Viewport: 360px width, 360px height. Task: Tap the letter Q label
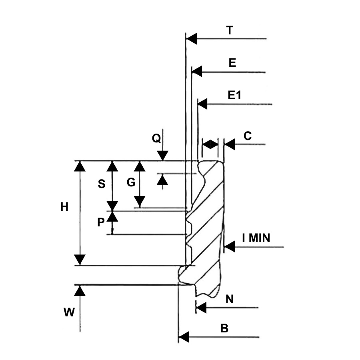(x=156, y=138)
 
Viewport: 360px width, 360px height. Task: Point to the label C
(x=248, y=136)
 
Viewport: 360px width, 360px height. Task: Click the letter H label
(x=64, y=207)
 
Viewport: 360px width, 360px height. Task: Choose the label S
(x=102, y=184)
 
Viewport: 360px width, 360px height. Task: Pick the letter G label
(x=131, y=183)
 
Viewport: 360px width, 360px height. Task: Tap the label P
(x=101, y=223)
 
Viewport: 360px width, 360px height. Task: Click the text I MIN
(x=256, y=239)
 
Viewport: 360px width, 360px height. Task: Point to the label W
(x=69, y=313)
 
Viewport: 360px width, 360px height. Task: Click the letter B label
(x=224, y=328)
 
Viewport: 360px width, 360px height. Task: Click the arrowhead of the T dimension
(x=192, y=39)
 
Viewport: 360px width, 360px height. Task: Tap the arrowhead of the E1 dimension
(x=202, y=104)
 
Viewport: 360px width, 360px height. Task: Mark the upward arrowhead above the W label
(x=80, y=290)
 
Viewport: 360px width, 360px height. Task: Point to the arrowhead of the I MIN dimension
(x=229, y=247)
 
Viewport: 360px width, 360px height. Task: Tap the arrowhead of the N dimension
(x=201, y=308)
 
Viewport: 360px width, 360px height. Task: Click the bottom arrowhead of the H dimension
(x=81, y=260)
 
